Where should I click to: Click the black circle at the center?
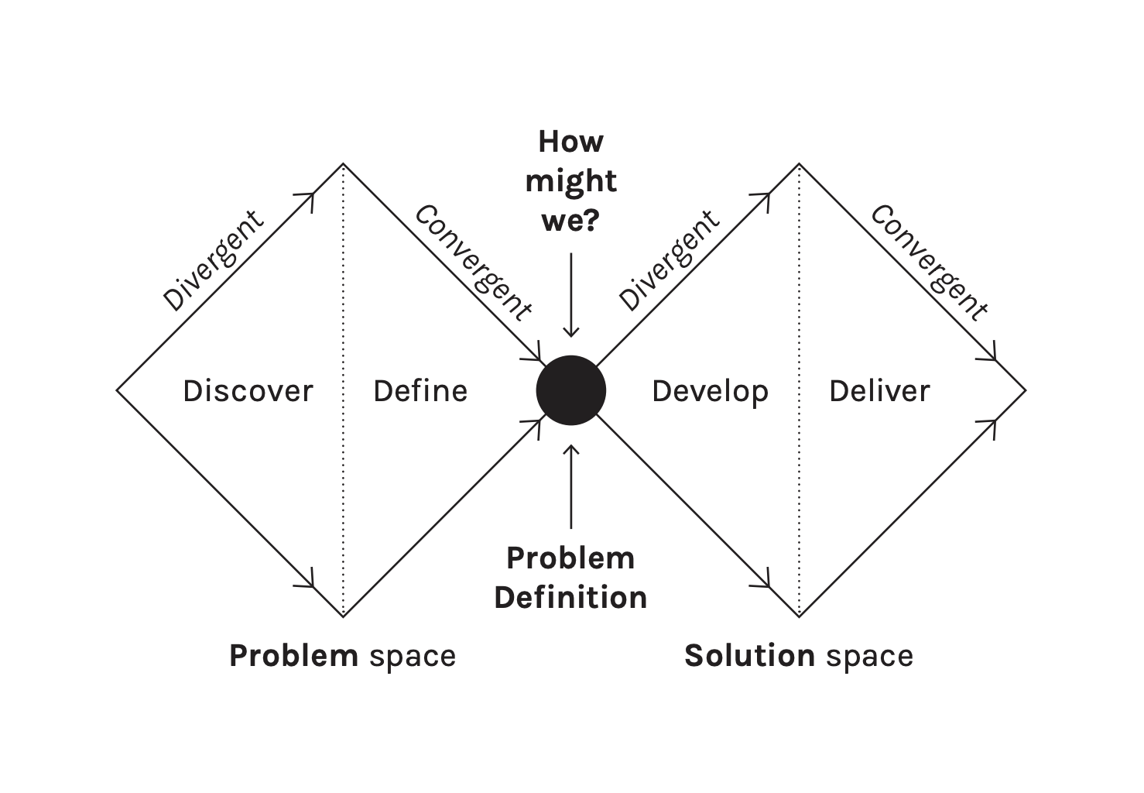tap(571, 390)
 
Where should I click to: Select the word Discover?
tap(248, 391)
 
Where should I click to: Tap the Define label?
tap(420, 391)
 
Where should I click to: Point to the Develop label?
tap(710, 392)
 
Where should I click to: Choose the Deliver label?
tap(879, 391)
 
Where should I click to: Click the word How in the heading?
tap(570, 142)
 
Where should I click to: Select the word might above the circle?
tap(570, 182)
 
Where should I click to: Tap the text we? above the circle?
tap(570, 221)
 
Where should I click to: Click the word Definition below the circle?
tap(570, 597)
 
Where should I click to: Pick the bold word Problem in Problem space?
tap(293, 656)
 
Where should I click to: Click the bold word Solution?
tap(749, 656)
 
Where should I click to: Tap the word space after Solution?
tap(869, 657)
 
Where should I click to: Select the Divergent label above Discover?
tap(213, 260)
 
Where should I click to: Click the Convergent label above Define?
tap(474, 262)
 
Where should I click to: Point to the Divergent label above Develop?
tap(669, 260)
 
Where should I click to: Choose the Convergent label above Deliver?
tap(929, 262)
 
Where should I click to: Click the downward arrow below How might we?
tap(571, 294)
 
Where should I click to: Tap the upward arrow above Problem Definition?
tap(571, 486)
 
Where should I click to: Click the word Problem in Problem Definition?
tap(570, 558)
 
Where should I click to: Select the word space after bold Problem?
tap(413, 657)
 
